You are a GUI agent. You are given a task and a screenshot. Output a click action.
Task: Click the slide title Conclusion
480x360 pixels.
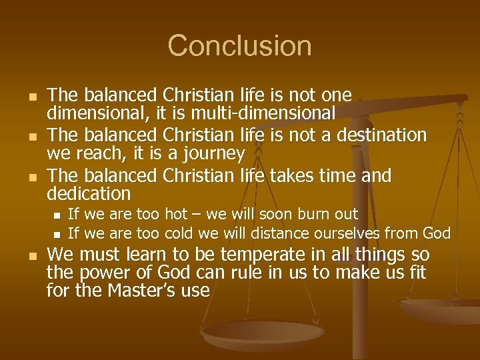[239, 46]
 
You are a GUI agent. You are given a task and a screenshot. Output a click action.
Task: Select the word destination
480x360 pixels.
[376, 135]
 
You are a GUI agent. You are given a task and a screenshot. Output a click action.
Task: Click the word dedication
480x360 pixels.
[89, 194]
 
